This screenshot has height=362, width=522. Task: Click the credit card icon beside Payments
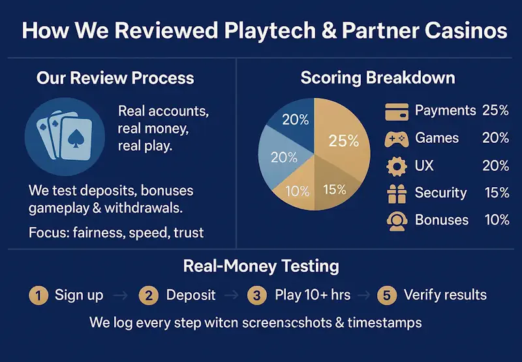(x=397, y=111)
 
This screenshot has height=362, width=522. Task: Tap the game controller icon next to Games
(x=397, y=138)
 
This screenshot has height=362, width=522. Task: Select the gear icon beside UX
(x=397, y=166)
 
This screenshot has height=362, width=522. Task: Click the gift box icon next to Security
(x=397, y=193)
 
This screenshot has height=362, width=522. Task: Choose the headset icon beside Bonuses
(x=397, y=220)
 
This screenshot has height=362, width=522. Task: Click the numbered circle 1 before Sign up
(x=39, y=295)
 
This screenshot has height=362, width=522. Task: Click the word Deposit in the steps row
(x=191, y=295)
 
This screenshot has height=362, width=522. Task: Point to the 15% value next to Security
(x=497, y=193)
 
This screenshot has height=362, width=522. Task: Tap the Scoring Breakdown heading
(x=377, y=78)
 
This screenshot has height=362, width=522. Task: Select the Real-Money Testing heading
(x=260, y=266)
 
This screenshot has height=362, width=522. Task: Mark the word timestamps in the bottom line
(x=385, y=322)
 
